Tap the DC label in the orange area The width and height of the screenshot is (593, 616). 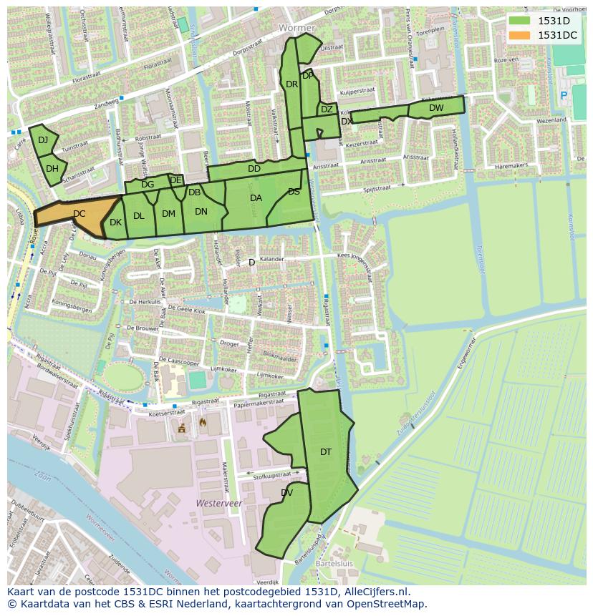pyautogui.click(x=79, y=213)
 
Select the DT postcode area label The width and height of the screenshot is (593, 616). pyautogui.click(x=326, y=451)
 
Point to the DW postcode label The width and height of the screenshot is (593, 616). pyautogui.click(x=436, y=108)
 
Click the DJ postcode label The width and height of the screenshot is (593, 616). pyautogui.click(x=43, y=140)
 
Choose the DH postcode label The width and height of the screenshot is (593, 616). pyautogui.click(x=52, y=169)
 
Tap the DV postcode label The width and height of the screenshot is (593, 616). pyautogui.click(x=286, y=493)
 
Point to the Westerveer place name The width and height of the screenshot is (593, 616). pyautogui.click(x=218, y=504)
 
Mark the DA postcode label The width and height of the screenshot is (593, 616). pyautogui.click(x=256, y=198)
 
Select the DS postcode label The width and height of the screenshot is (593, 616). pyautogui.click(x=294, y=192)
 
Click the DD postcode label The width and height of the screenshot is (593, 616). pyautogui.click(x=254, y=169)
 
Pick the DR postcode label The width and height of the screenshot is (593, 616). pyautogui.click(x=291, y=84)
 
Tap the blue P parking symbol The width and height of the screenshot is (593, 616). pyautogui.click(x=564, y=95)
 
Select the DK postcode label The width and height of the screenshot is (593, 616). pyautogui.click(x=115, y=223)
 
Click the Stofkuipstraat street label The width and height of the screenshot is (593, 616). pyautogui.click(x=271, y=474)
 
